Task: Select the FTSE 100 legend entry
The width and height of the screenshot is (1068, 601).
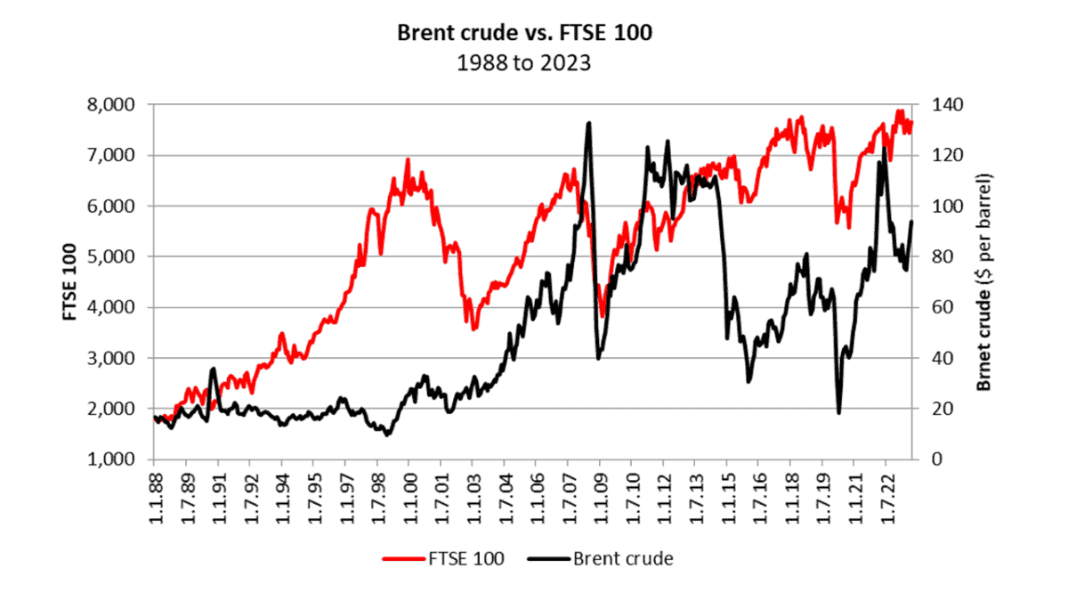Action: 444,559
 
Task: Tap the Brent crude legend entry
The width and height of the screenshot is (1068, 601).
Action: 602,559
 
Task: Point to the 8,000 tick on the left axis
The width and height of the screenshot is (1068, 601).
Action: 115,104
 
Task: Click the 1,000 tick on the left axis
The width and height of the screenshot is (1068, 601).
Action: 115,459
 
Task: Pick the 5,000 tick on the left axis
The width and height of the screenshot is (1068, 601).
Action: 115,256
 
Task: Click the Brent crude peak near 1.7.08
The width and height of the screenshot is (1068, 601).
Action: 588,123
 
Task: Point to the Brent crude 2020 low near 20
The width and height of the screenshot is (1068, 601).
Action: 838,412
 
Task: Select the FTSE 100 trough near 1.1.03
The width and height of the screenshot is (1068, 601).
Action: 473,329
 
